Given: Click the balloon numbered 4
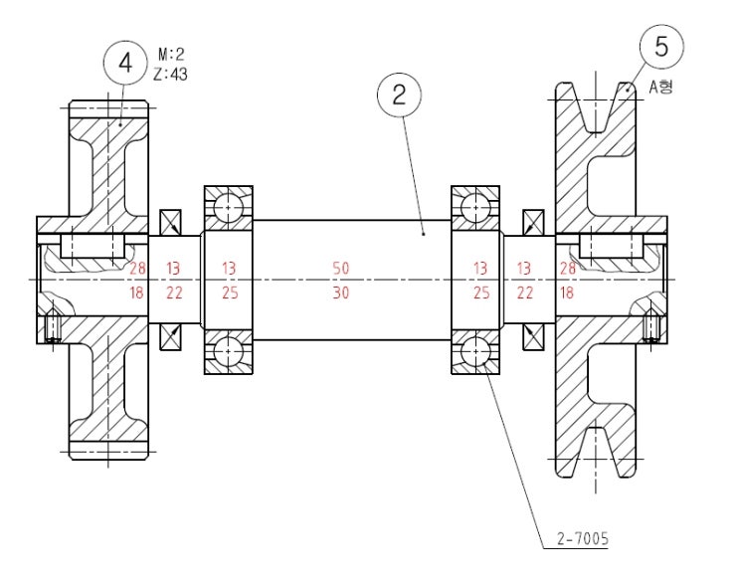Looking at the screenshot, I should [x=125, y=63].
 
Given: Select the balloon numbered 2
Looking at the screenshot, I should [x=399, y=96].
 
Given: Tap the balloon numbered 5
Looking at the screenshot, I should [x=661, y=46].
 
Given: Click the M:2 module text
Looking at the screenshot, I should [x=171, y=54].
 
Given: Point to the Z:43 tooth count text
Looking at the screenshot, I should [x=171, y=73].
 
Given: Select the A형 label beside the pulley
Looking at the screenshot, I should [x=661, y=88].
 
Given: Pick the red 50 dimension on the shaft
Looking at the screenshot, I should [x=341, y=269].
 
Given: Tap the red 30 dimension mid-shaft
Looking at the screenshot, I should [x=341, y=293].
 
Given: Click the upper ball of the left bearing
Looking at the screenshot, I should [x=229, y=208].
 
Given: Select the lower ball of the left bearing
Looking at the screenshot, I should [x=229, y=351].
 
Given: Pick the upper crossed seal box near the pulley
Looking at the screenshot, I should [x=533, y=222].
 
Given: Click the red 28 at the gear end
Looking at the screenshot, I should [x=137, y=269].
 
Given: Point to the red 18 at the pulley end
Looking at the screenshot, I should [x=567, y=293].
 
